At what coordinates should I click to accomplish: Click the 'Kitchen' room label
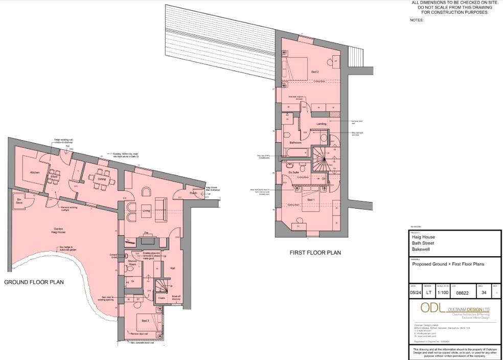(34, 173)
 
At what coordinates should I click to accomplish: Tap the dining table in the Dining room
(100, 179)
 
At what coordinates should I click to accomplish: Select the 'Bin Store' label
(19, 201)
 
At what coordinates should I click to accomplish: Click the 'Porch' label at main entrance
(194, 193)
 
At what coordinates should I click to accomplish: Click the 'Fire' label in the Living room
(146, 233)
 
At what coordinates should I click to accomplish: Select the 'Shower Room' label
(132, 262)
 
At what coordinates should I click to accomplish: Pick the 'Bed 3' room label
(145, 321)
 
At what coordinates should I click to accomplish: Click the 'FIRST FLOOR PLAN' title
(315, 253)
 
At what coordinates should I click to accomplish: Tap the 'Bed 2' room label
(315, 72)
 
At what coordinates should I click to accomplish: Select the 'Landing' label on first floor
(321, 124)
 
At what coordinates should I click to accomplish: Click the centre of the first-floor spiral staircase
(323, 160)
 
